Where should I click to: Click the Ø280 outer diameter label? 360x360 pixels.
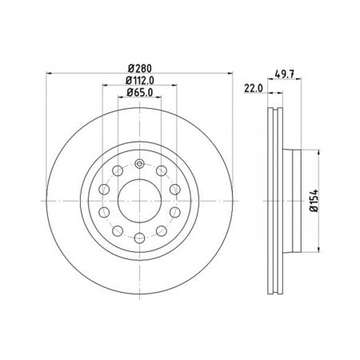[140, 69]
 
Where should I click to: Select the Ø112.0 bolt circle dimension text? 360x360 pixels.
[140, 80]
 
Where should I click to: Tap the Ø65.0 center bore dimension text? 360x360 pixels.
[140, 93]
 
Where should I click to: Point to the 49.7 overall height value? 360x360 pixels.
[284, 74]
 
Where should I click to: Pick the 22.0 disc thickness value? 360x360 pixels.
[254, 89]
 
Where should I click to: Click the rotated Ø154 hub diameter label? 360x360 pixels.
[314, 201]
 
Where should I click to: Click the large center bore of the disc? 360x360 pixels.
[140, 201]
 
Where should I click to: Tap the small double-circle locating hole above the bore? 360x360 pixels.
[139, 164]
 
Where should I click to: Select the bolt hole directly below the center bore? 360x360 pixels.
[140, 238]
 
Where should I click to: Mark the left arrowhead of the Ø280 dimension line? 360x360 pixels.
[49, 73]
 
